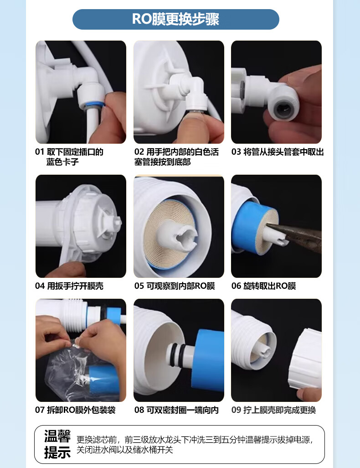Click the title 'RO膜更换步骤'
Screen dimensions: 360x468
click(176, 19)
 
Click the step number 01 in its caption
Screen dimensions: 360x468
click(39, 152)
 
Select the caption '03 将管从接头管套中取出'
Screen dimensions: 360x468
click(278, 152)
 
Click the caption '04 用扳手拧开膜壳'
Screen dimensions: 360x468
click(69, 286)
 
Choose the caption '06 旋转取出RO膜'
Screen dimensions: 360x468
click(264, 286)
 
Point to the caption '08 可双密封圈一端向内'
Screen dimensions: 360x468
click(176, 410)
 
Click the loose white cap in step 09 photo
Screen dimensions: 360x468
click(305, 359)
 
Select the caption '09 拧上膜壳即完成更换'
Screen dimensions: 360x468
click(273, 410)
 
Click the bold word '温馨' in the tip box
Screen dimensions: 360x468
click(57, 436)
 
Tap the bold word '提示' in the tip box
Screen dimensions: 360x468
click(57, 452)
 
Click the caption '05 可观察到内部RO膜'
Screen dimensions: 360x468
click(175, 286)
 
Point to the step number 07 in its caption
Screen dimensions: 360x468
click(39, 410)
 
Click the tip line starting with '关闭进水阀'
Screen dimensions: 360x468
click(125, 450)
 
